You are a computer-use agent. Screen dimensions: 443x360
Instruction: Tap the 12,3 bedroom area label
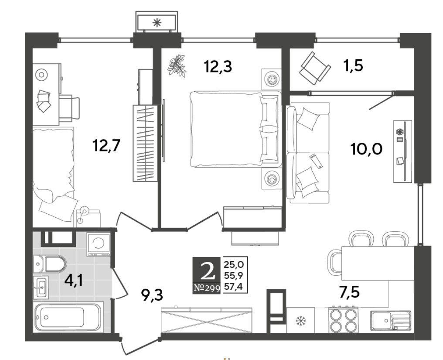218,67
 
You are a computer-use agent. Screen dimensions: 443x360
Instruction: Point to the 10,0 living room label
366,149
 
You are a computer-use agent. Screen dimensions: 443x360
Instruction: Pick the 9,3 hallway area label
152,295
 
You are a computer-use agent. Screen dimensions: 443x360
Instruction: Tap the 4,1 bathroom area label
74,281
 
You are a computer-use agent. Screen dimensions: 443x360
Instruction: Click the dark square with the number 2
206,271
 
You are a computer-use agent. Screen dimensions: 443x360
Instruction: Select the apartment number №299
207,288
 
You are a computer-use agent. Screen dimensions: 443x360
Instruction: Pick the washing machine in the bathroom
99,244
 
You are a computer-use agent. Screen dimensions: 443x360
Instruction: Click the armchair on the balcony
315,68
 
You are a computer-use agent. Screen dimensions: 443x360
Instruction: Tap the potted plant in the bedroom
177,66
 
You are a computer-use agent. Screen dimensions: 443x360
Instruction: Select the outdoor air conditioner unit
157,22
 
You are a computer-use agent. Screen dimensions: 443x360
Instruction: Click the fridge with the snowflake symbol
300,320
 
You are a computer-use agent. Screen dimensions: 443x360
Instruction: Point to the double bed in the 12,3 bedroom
236,129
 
